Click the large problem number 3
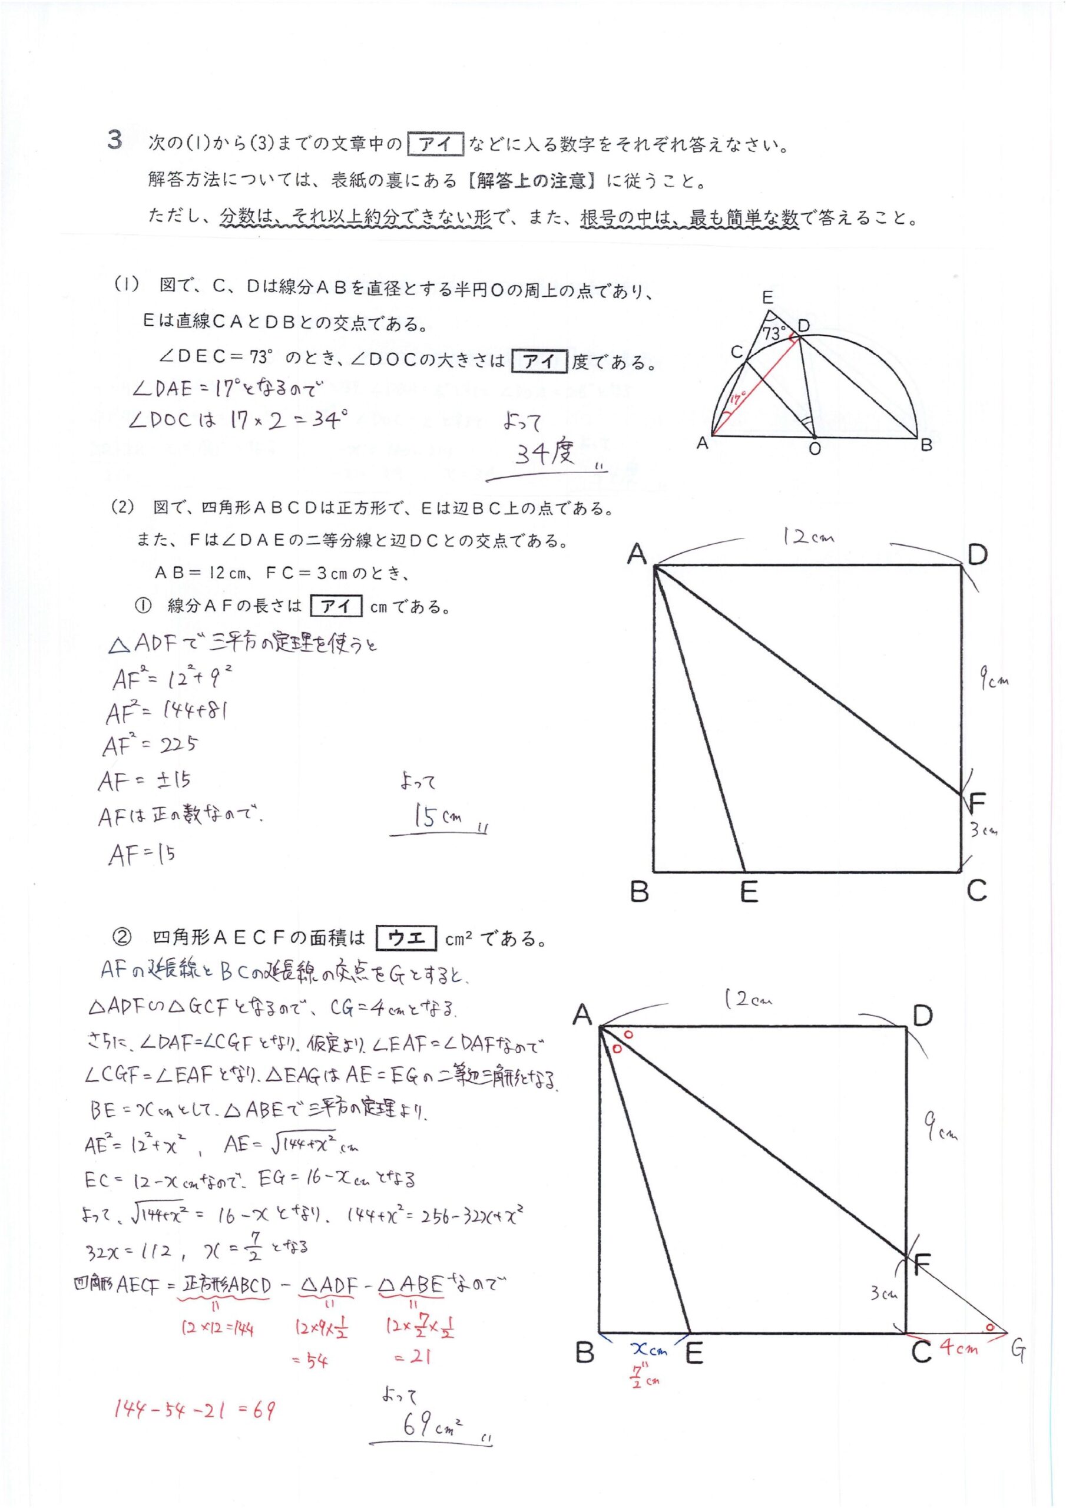point(115,141)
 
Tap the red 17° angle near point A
point(736,399)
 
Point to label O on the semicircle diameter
point(815,449)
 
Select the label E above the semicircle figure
point(767,297)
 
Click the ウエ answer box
point(406,938)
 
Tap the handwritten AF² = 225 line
point(150,746)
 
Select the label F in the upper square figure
point(977,801)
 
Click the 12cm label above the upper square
point(808,537)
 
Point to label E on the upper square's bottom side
point(749,892)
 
